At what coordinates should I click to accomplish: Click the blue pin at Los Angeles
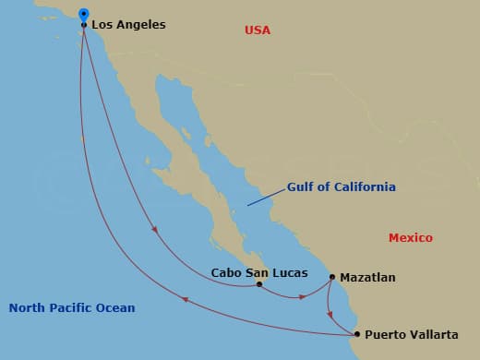click(x=84, y=15)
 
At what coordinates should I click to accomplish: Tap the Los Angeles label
click(x=128, y=25)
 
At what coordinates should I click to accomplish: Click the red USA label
click(x=258, y=30)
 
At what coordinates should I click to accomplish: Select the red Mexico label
click(x=410, y=238)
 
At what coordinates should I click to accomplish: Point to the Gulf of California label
click(x=341, y=186)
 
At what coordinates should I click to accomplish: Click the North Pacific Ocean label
click(x=72, y=308)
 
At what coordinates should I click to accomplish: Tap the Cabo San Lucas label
click(x=253, y=272)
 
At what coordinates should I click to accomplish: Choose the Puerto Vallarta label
click(x=410, y=334)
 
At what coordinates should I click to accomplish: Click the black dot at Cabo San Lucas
click(x=259, y=284)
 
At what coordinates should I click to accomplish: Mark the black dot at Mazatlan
click(x=332, y=276)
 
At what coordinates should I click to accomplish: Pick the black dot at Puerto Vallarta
click(x=357, y=334)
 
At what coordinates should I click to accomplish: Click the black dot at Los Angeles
click(x=84, y=25)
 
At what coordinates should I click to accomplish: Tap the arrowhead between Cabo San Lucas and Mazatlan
click(x=302, y=297)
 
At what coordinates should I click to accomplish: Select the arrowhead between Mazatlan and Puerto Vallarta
click(x=330, y=314)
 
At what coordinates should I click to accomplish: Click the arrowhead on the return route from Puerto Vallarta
click(x=186, y=300)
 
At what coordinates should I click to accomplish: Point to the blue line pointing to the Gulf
click(x=264, y=196)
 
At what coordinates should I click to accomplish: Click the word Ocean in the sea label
click(x=115, y=308)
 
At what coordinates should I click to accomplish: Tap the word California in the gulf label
click(x=361, y=186)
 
